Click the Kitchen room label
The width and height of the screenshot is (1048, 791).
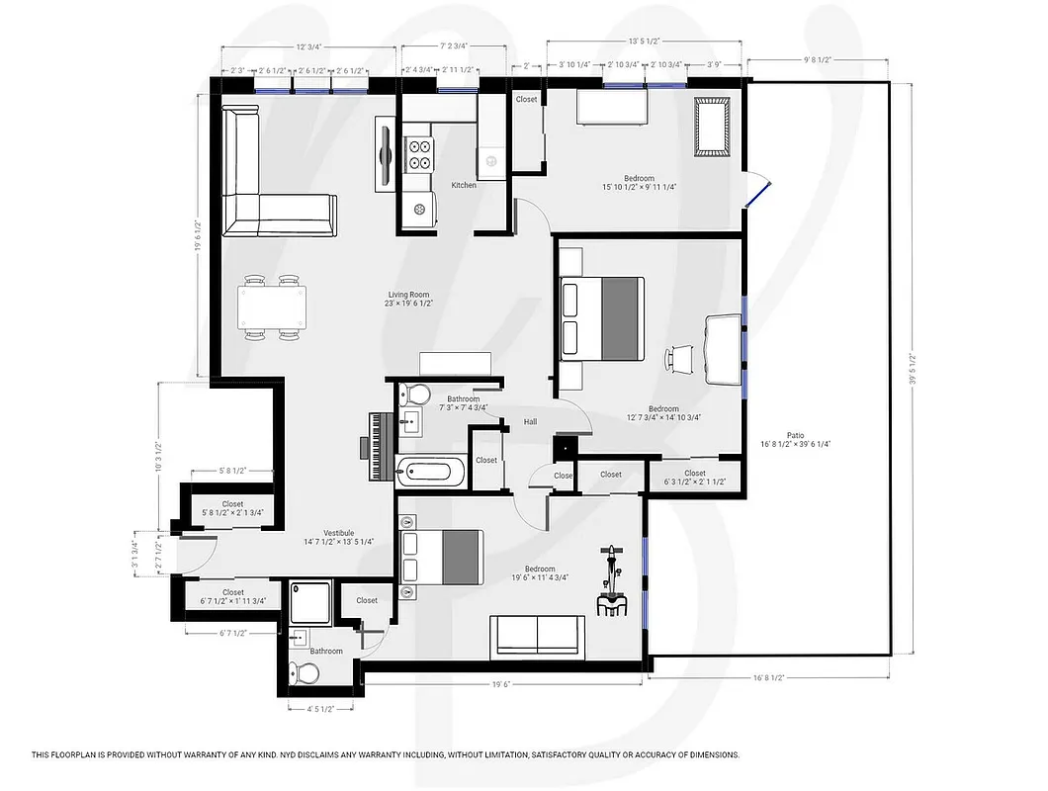[x=464, y=185]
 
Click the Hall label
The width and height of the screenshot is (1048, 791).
[x=530, y=422]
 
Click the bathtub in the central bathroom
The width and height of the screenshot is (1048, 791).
[x=431, y=472]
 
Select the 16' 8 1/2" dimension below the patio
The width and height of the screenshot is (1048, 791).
[x=770, y=678]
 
